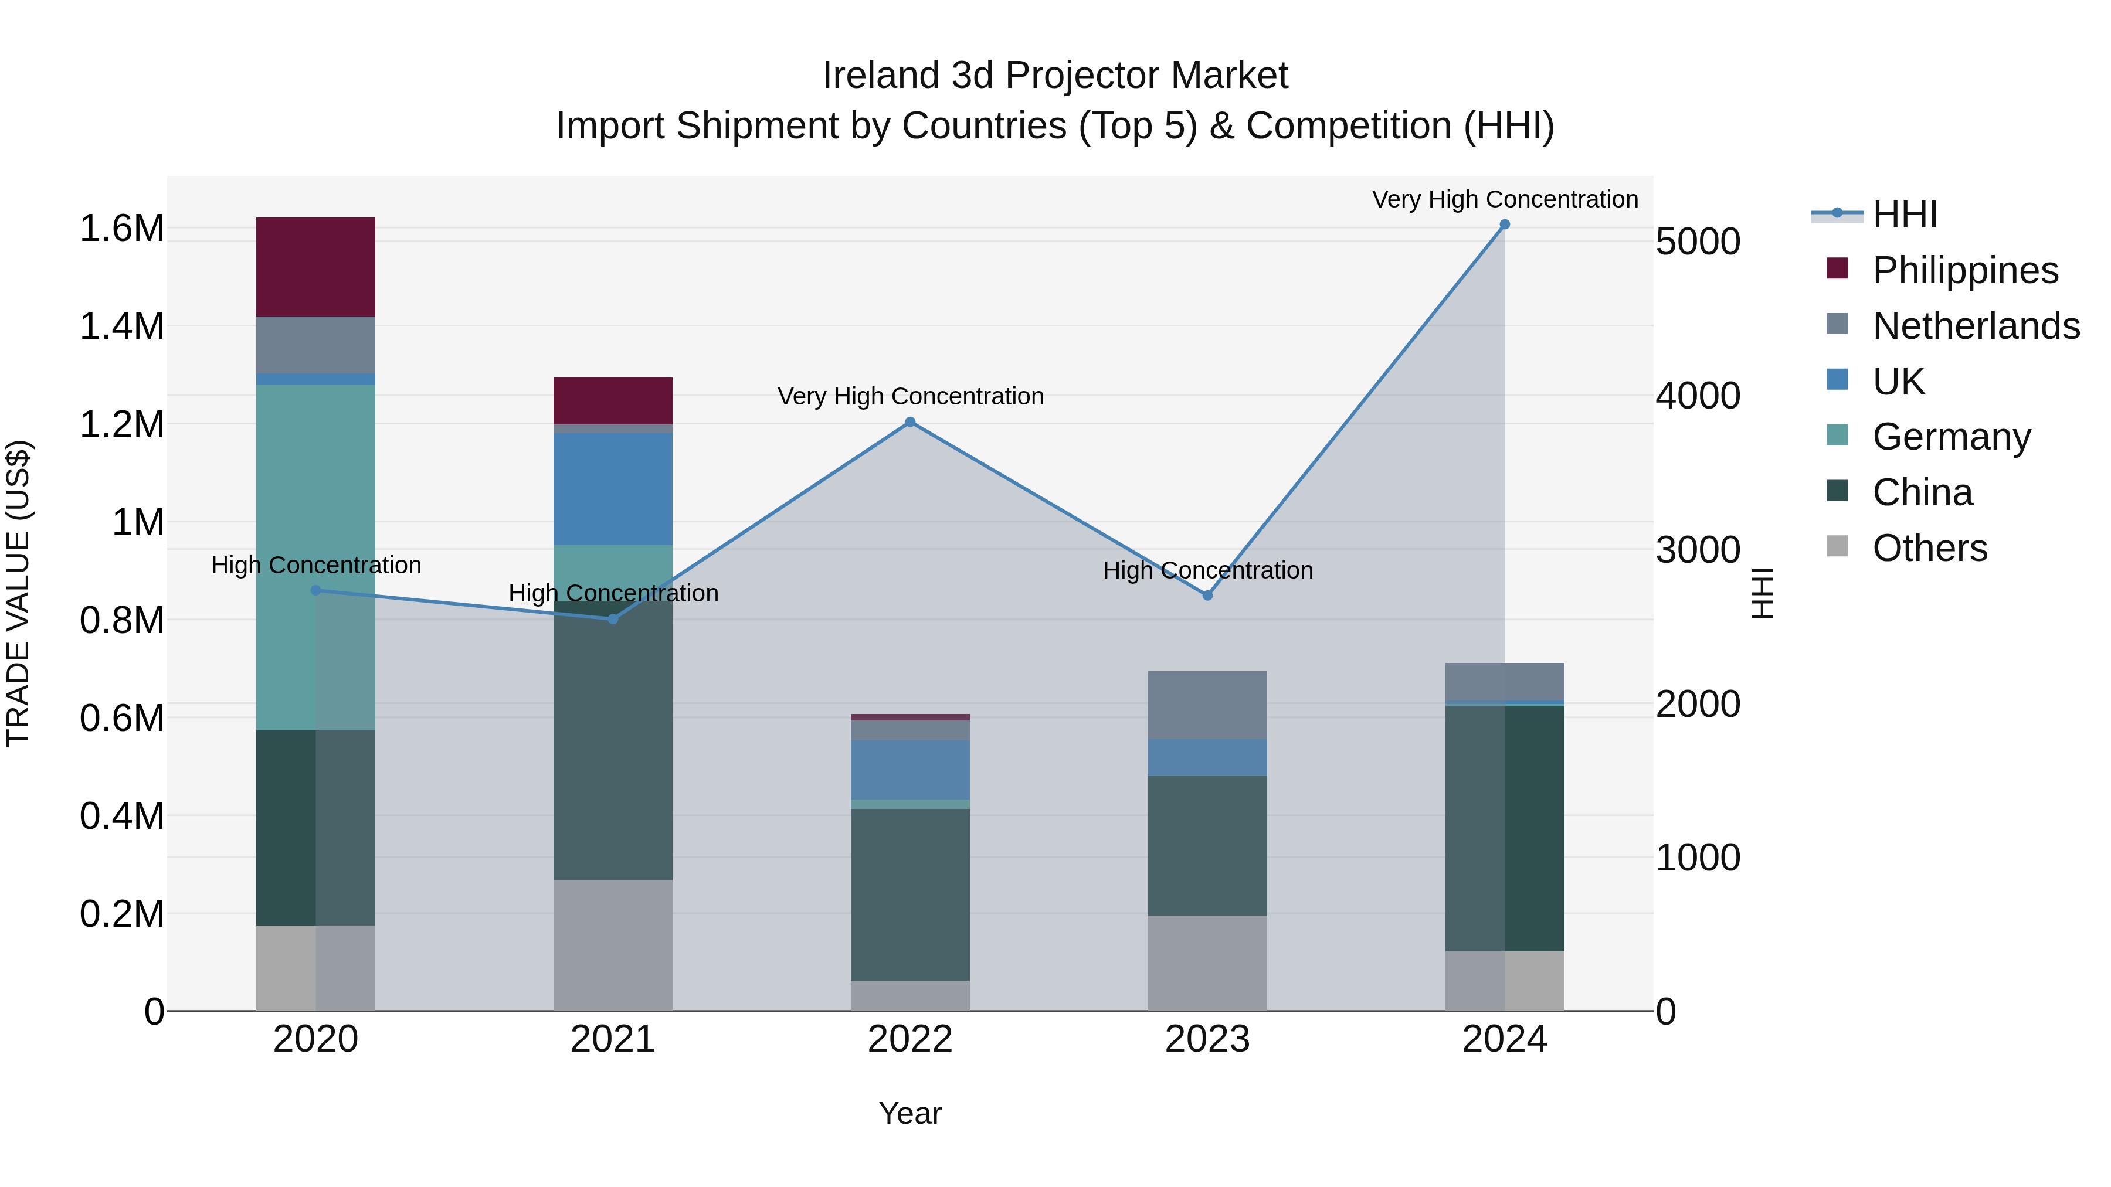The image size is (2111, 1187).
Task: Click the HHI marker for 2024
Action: click(x=1505, y=225)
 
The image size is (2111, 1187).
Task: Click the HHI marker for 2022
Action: click(x=909, y=423)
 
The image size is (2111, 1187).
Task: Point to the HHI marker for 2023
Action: click(x=1207, y=596)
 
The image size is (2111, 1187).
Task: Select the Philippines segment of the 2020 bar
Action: click(x=315, y=267)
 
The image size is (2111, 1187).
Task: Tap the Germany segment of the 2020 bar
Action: click(x=315, y=557)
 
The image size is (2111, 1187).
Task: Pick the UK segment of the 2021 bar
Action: click(x=613, y=489)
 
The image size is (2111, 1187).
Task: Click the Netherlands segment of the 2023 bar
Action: click(x=1207, y=705)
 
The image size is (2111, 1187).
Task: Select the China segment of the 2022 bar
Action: click(x=909, y=894)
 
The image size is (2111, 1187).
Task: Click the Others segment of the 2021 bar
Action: click(x=613, y=945)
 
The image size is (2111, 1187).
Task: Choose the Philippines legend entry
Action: click(x=1964, y=270)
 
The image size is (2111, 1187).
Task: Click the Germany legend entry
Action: click(x=1951, y=437)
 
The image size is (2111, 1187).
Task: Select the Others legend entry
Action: click(x=1929, y=548)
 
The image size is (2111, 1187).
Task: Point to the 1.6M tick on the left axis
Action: click(x=121, y=229)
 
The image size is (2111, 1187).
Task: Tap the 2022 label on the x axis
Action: click(x=909, y=1039)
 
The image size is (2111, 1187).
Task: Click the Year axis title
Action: click(x=909, y=1113)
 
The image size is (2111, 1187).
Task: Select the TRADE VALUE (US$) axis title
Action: click(x=19, y=593)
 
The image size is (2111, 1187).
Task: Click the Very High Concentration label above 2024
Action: click(x=1505, y=199)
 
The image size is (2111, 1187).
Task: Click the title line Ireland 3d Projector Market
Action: click(x=1055, y=76)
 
